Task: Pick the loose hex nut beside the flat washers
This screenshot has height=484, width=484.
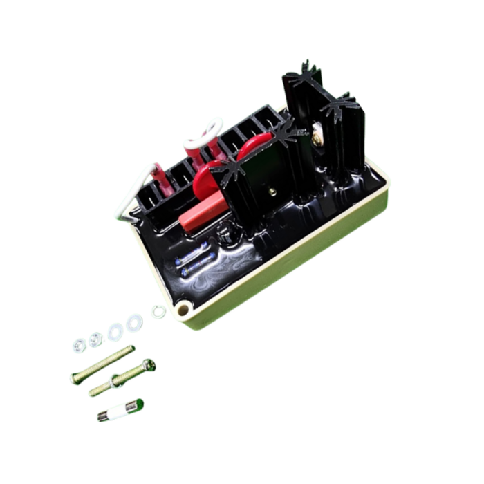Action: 95,339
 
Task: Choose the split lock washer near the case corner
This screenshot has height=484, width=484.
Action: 159,312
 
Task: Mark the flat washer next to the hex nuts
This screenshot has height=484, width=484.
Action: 115,331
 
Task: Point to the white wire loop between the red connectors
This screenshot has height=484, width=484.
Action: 202,136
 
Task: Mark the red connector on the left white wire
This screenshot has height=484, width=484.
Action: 160,178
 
